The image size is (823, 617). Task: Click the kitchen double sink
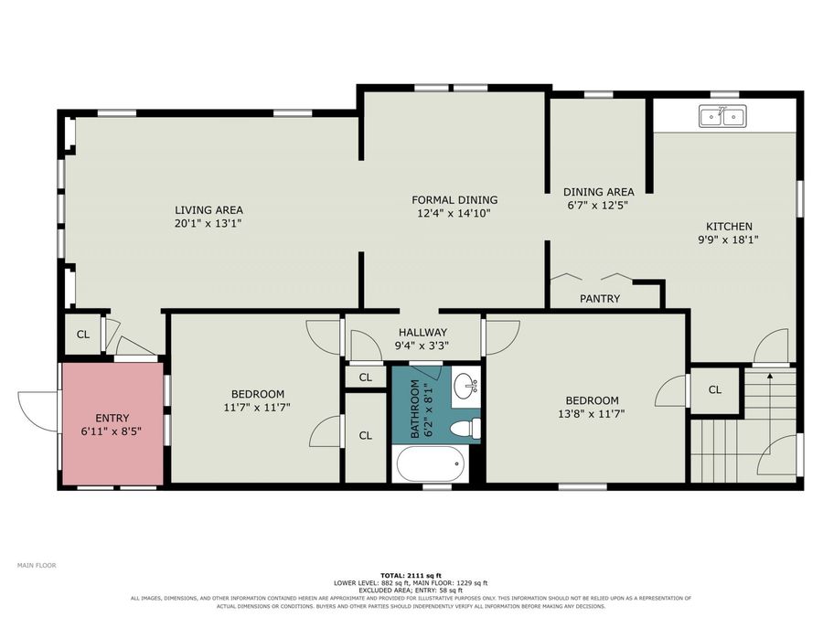pyautogui.click(x=722, y=116)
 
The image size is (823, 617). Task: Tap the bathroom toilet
pyautogui.click(x=466, y=428)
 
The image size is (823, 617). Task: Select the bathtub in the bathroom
pyautogui.click(x=432, y=463)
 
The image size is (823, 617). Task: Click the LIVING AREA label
pyautogui.click(x=208, y=210)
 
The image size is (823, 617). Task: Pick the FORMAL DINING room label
pyautogui.click(x=454, y=200)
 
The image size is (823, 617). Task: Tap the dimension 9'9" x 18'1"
pyautogui.click(x=729, y=239)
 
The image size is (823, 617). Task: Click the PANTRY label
pyautogui.click(x=600, y=299)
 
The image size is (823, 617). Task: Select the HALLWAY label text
pyautogui.click(x=422, y=332)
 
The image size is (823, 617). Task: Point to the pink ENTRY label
pyautogui.click(x=112, y=418)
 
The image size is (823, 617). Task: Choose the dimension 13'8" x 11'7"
pyautogui.click(x=592, y=413)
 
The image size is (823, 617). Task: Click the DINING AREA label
pyautogui.click(x=598, y=192)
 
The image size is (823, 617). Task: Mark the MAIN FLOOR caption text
pyautogui.click(x=37, y=565)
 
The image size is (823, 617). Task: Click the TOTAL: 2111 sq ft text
pyautogui.click(x=411, y=576)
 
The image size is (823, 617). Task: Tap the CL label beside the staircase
pyautogui.click(x=715, y=389)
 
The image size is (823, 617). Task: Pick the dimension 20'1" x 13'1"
pyautogui.click(x=208, y=224)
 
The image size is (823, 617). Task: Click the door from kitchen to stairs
pyautogui.click(x=772, y=346)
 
